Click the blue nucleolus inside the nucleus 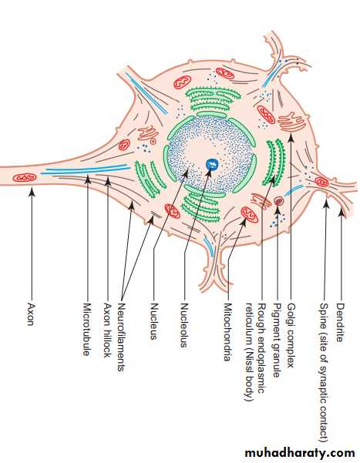[x=212, y=164]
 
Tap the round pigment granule [x=278, y=201]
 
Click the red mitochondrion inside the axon [x=25, y=178]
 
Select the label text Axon [x=30, y=314]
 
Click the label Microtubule [x=86, y=329]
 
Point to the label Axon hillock [x=107, y=330]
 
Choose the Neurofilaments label [x=121, y=337]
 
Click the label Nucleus [x=153, y=321]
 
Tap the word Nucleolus [x=184, y=325]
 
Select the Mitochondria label [x=227, y=332]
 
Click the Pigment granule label [x=277, y=340]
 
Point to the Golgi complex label [x=291, y=335]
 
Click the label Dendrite [x=341, y=323]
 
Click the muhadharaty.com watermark [x=300, y=453]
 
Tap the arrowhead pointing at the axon [x=32, y=193]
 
